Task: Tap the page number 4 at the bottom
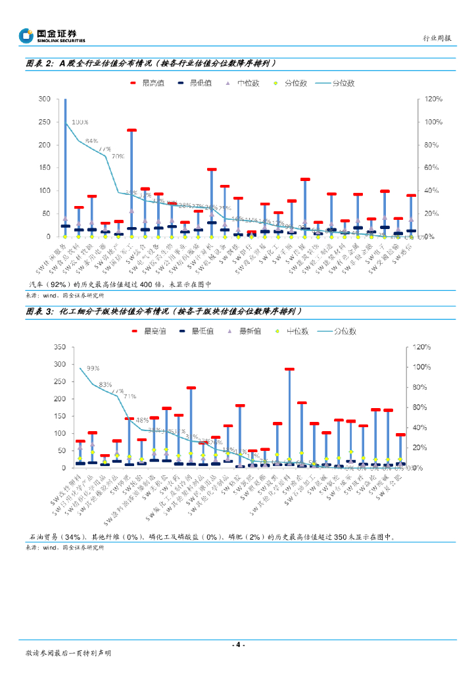tap(238, 645)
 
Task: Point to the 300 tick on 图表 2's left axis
tap(44, 99)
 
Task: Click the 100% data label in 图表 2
tap(80, 122)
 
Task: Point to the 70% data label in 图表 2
tap(118, 157)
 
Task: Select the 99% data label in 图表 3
tap(93, 368)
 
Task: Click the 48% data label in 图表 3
tap(143, 419)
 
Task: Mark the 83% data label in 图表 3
tap(105, 385)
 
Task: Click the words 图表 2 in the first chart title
tap(39, 64)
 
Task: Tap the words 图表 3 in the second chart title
tap(39, 311)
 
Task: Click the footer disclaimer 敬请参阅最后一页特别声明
tap(68, 653)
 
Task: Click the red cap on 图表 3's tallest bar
tap(289, 369)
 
